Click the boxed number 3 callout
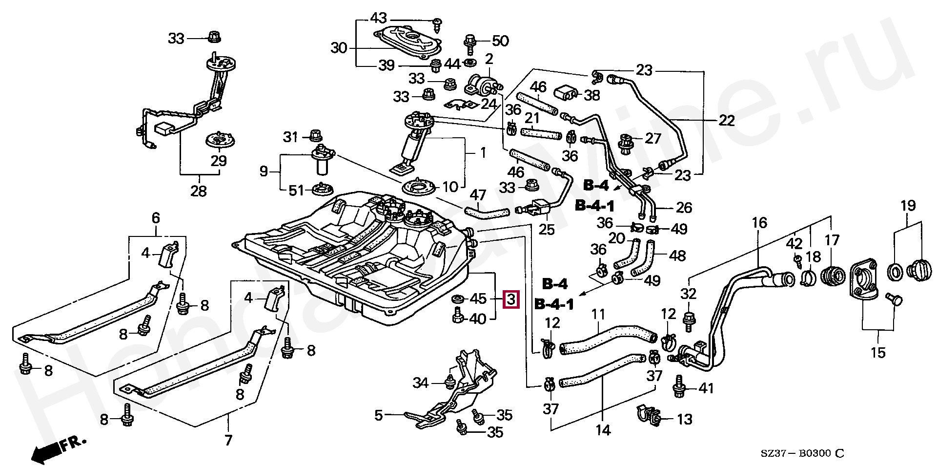510,298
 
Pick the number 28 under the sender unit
199,191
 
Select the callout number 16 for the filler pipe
759,223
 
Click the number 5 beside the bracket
379,416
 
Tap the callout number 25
547,229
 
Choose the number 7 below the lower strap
228,440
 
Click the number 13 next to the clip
685,419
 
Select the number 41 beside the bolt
706,388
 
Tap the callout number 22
726,120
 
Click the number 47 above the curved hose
478,195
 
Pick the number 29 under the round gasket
219,161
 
